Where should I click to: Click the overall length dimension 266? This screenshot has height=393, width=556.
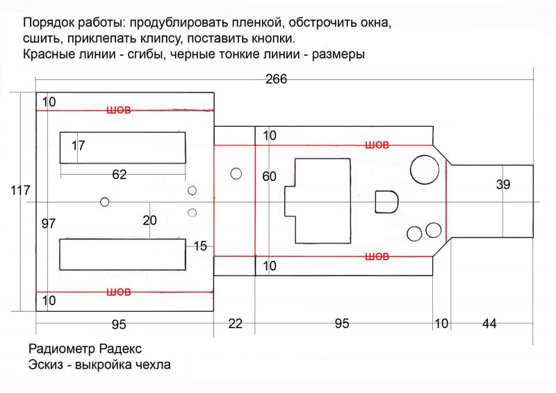(x=276, y=79)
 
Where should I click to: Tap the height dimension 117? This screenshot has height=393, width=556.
(x=20, y=191)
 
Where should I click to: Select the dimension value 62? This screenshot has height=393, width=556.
(x=119, y=175)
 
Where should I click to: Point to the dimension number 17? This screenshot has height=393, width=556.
(x=78, y=145)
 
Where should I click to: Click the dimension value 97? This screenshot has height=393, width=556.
(x=49, y=224)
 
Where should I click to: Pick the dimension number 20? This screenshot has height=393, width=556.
(x=149, y=220)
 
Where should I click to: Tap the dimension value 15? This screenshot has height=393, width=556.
(x=200, y=246)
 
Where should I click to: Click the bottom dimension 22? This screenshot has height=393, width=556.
(x=235, y=323)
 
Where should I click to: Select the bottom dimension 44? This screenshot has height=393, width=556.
(x=489, y=323)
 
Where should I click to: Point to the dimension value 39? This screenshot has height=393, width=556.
(x=502, y=184)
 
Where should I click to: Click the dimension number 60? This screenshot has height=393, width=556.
(x=269, y=177)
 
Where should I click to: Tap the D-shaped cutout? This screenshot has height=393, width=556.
(x=386, y=202)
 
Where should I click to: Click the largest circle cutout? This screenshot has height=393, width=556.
(x=425, y=170)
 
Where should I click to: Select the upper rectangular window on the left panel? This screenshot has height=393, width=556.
(x=123, y=147)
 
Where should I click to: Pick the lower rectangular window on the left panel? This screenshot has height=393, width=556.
(x=123, y=255)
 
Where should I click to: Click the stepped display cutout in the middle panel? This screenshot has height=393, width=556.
(x=318, y=201)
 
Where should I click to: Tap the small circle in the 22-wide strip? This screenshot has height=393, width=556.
(x=236, y=174)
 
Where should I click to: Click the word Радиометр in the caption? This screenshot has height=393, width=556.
(x=62, y=349)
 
